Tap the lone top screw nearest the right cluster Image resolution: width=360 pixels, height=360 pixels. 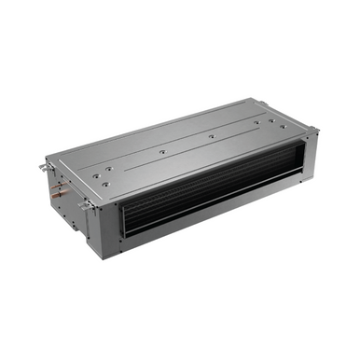[212, 136]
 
